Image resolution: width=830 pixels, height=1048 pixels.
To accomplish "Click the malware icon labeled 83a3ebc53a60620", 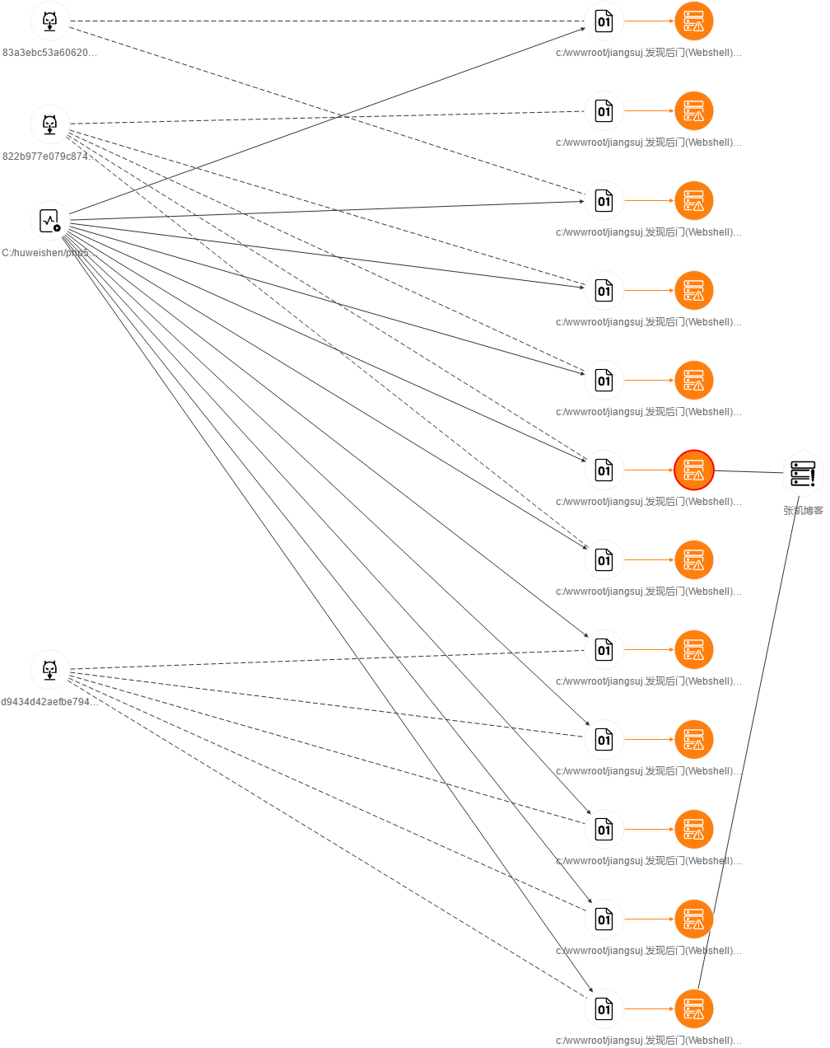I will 50,21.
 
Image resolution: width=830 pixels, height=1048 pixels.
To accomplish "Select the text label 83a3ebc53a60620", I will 49,53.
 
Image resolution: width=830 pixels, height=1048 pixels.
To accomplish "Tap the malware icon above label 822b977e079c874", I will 50,124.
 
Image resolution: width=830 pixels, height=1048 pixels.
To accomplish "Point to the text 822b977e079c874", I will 49,157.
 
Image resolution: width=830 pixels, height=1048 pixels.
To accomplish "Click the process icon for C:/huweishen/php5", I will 50,221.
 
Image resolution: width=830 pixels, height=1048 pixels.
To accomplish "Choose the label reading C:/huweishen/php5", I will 49,253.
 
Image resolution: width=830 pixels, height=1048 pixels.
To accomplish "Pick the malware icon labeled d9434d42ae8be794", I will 50,670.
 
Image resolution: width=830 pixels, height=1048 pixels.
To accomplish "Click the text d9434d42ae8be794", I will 49,702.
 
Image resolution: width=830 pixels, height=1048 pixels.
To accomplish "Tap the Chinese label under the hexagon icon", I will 803,510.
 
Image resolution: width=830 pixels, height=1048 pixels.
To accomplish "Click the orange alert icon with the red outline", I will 693,470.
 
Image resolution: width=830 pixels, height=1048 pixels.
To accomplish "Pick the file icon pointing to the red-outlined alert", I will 604,470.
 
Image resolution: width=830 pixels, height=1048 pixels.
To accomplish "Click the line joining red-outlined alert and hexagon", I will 748,471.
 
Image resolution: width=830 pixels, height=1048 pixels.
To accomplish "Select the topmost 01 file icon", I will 604,21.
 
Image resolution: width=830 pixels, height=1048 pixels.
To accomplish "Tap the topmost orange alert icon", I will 693,21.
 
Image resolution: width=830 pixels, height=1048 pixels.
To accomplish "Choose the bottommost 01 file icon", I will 604,1008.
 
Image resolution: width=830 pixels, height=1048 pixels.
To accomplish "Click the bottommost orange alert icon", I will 693,1008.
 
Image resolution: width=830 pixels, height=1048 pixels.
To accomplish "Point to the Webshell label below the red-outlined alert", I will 649,502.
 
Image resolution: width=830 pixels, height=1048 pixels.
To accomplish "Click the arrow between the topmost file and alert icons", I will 649,21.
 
